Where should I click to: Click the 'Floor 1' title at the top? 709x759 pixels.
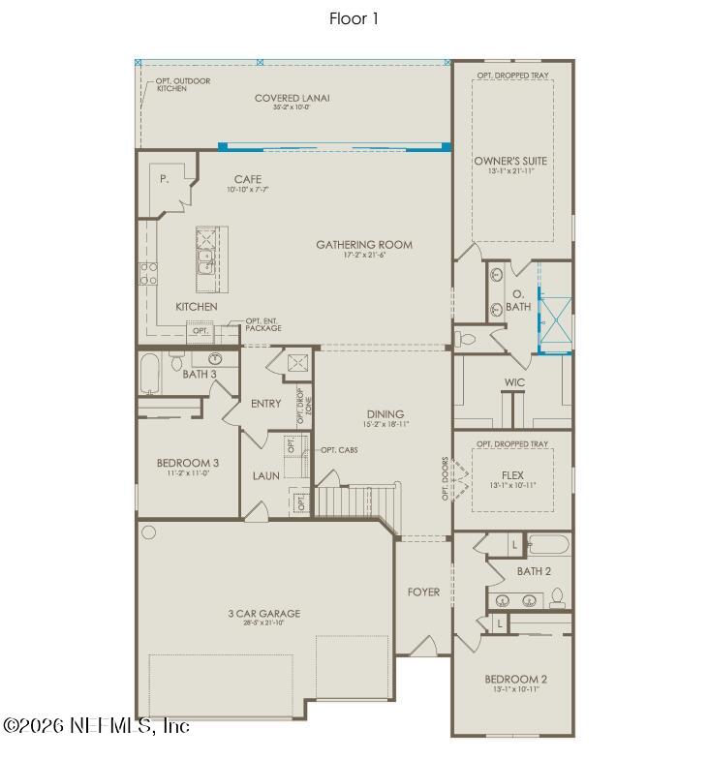[354, 18]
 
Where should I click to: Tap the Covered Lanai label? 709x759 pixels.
[292, 98]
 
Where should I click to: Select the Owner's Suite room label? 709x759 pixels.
[511, 160]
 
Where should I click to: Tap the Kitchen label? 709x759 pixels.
[196, 307]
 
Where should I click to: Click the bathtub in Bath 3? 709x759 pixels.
[150, 373]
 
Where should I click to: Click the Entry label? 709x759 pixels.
[265, 404]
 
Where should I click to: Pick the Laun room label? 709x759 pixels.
[266, 475]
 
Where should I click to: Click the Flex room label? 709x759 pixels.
[512, 475]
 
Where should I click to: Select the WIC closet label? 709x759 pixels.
[514, 382]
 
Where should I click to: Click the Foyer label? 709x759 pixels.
[423, 592]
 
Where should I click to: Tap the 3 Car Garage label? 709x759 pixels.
[263, 613]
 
